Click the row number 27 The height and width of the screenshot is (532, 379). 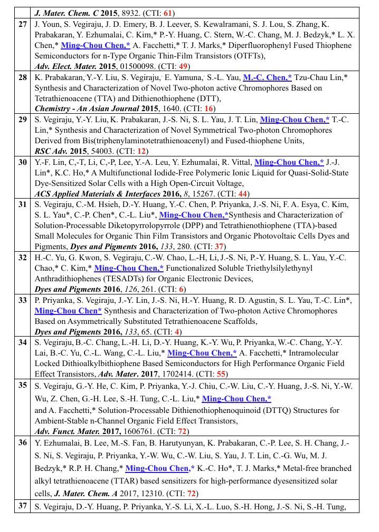pyautogui.click(x=23, y=24)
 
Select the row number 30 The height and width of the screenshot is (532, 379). pyautogui.click(x=23, y=162)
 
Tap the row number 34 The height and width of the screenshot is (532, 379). pyautogui.click(x=23, y=342)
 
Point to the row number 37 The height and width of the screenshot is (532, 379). pyautogui.click(x=23, y=507)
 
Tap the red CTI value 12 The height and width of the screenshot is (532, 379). pyautogui.click(x=142, y=151)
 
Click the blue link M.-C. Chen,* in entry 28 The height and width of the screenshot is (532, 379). pyautogui.click(x=267, y=77)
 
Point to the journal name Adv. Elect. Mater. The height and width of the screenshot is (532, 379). pyautogui.click(x=65, y=66)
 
